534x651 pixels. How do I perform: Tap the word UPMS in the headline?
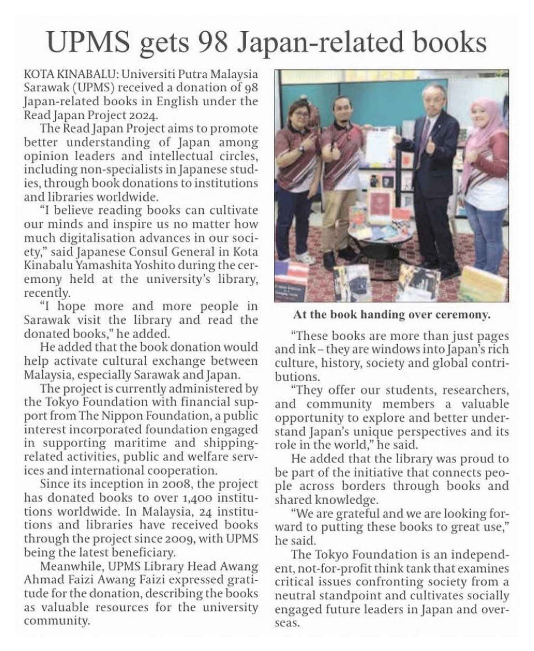point(89,42)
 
